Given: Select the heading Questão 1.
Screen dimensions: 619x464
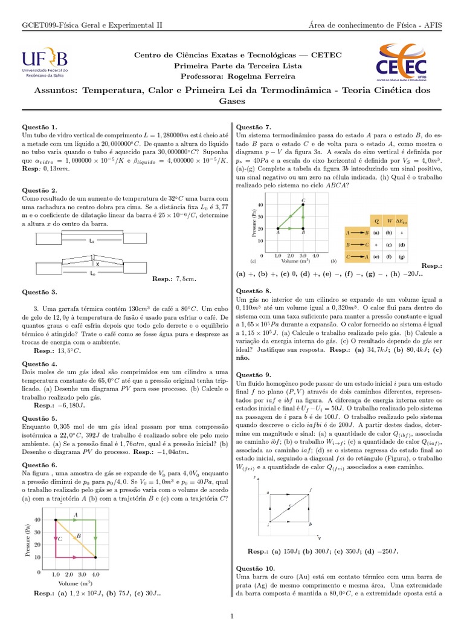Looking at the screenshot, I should tap(39, 127).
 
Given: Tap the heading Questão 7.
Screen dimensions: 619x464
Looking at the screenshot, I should tap(253, 127).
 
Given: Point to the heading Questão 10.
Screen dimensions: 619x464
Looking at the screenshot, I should tap(255, 568).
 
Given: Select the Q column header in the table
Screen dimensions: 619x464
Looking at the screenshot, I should tap(376, 220).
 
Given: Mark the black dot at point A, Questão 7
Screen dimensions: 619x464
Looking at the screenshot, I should tap(278, 228).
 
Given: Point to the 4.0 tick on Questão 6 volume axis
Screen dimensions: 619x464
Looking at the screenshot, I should tap(95, 574).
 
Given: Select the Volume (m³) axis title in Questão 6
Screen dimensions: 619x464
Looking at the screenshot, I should tap(76, 583).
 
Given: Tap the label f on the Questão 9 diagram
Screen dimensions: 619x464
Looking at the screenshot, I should tap(311, 489).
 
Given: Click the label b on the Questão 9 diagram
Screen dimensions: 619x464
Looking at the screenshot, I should tap(311, 524).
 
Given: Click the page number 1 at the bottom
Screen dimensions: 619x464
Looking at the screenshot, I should tap(232, 615).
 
